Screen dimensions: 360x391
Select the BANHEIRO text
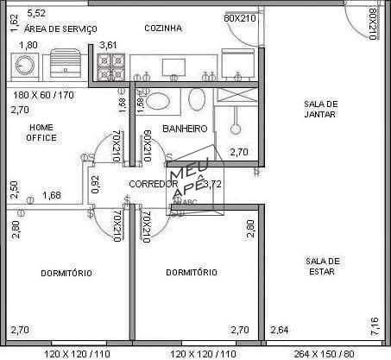tap(185, 129)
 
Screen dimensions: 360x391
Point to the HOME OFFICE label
tap(41, 132)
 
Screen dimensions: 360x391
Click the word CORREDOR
tap(154, 184)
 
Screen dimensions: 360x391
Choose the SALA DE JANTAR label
tap(320, 110)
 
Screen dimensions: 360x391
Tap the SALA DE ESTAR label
tap(322, 266)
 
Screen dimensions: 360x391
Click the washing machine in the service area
tap(23, 65)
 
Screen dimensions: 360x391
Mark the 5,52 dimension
tap(37, 13)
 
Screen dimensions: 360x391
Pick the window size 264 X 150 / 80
tap(325, 354)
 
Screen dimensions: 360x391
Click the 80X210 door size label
tap(372, 23)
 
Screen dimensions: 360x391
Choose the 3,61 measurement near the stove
tap(109, 44)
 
